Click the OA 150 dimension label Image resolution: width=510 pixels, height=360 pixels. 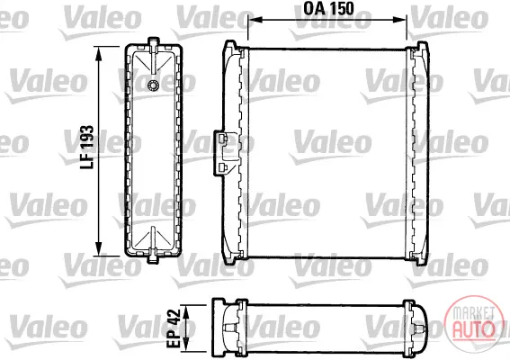[x=328, y=8]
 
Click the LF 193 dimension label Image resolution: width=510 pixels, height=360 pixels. [x=87, y=147]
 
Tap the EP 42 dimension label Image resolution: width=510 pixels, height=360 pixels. [x=174, y=328]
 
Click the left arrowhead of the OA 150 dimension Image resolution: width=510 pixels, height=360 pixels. [x=255, y=20]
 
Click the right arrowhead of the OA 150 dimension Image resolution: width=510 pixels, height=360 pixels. [x=399, y=20]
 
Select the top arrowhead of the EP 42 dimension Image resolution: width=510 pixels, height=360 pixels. [x=185, y=311]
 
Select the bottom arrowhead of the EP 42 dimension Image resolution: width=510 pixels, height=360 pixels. [x=185, y=346]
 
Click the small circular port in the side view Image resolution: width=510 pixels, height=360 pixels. [x=153, y=85]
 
